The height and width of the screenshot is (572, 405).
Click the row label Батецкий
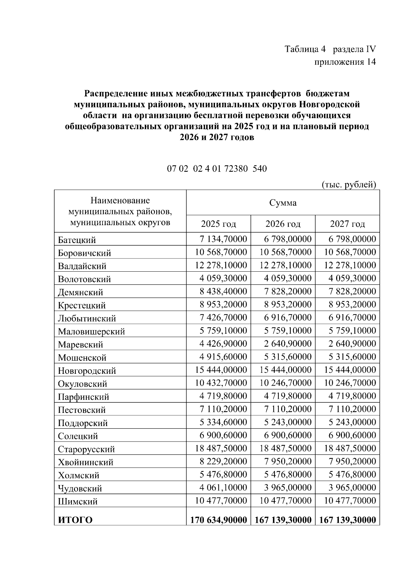[x=77, y=240]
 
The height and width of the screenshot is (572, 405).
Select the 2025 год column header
[x=218, y=224]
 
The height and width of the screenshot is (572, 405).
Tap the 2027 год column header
[x=347, y=224]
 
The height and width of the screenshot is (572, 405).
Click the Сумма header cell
[x=283, y=203]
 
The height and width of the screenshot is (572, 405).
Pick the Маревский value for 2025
[x=223, y=344]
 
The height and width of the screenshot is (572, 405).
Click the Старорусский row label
[x=86, y=449]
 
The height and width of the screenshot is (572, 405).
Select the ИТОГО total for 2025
[x=218, y=520]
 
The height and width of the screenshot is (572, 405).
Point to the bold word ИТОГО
[x=75, y=520]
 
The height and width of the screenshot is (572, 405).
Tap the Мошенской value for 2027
[x=352, y=357]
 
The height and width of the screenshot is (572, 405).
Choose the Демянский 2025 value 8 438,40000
[x=223, y=292]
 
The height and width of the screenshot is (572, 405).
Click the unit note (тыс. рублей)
[x=349, y=184]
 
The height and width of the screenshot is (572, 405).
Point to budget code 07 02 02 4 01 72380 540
[x=217, y=168]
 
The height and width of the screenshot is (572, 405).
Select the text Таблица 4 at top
[x=306, y=49]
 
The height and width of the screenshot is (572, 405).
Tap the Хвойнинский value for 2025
[x=223, y=461]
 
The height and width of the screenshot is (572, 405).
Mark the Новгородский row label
[x=87, y=371]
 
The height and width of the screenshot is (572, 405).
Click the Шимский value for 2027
[x=350, y=501]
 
